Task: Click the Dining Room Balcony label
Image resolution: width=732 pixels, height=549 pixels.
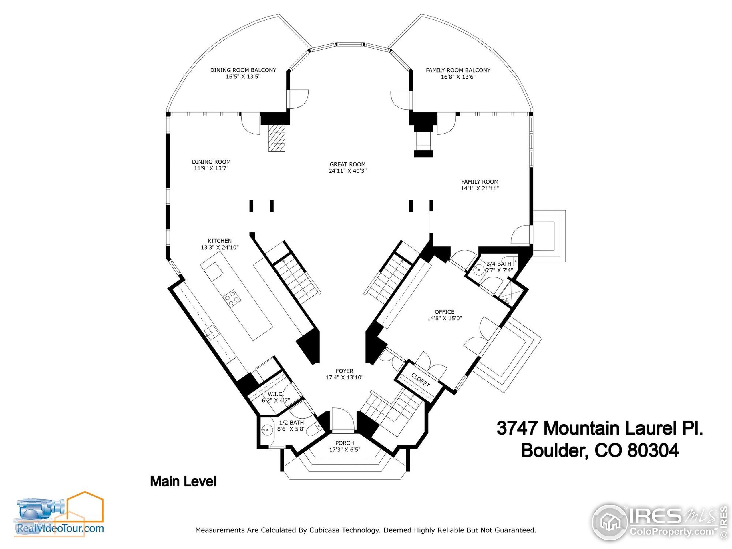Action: tap(243, 70)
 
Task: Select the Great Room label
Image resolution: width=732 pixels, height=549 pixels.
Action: tap(347, 164)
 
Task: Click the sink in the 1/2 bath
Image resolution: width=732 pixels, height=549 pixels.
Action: tap(266, 430)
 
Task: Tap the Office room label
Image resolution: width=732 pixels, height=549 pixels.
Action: tap(444, 312)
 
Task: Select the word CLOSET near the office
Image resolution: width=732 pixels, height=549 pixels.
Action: tap(420, 380)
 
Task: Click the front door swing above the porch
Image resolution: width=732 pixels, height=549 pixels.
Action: tap(343, 419)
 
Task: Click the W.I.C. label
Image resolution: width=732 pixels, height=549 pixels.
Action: tap(275, 394)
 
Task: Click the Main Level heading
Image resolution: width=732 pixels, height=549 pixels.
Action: tap(183, 482)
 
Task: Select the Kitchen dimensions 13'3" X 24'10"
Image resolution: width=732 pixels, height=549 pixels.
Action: tap(219, 248)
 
